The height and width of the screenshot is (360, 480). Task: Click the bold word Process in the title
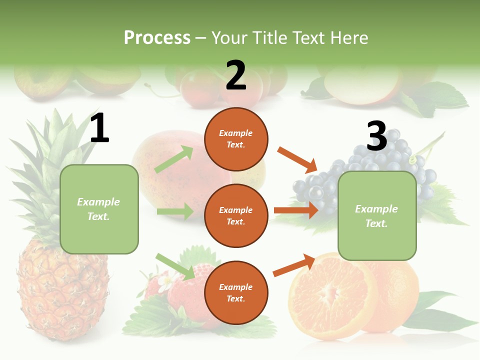157,38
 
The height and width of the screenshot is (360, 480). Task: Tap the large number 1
99,128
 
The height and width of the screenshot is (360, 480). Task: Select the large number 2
236,75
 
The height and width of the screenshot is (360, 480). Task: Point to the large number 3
376,136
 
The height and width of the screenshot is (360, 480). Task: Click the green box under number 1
99,209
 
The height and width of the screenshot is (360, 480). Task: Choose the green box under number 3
377,216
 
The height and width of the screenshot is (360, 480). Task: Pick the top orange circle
236,139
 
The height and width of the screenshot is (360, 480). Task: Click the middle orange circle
236,216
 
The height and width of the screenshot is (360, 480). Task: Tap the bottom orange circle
236,293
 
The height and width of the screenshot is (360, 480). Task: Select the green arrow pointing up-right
174,160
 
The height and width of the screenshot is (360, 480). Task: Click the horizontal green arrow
175,211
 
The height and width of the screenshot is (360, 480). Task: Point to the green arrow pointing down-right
175,266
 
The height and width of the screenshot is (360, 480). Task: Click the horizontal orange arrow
296,210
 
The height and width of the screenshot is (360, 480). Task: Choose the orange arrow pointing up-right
294,265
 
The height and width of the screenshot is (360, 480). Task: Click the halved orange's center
327,295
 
